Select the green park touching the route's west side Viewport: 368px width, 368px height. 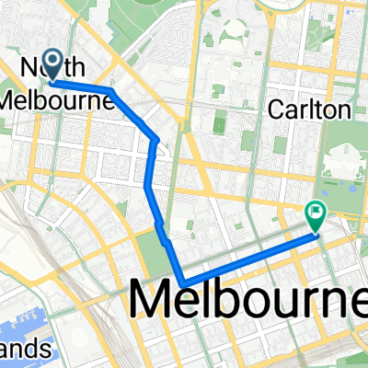147,248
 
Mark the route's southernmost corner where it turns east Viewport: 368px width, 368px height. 183,282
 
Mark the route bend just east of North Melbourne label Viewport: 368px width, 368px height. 111,90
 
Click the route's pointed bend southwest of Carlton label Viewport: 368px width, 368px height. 158,140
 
